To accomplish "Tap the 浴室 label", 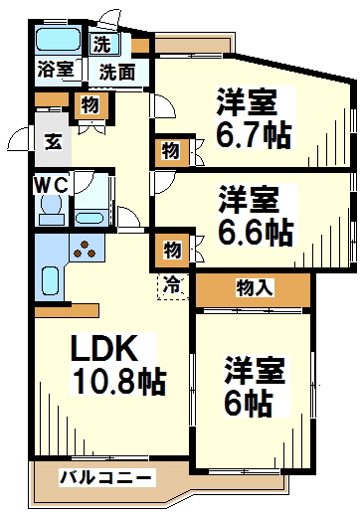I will [55, 70].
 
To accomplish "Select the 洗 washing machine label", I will [102, 43].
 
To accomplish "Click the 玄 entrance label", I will [52, 140].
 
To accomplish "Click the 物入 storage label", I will [253, 288].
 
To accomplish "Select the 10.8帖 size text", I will [115, 380].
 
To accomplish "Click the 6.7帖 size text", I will [255, 133].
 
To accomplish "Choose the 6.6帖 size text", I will [256, 231].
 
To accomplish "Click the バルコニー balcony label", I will [106, 478].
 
